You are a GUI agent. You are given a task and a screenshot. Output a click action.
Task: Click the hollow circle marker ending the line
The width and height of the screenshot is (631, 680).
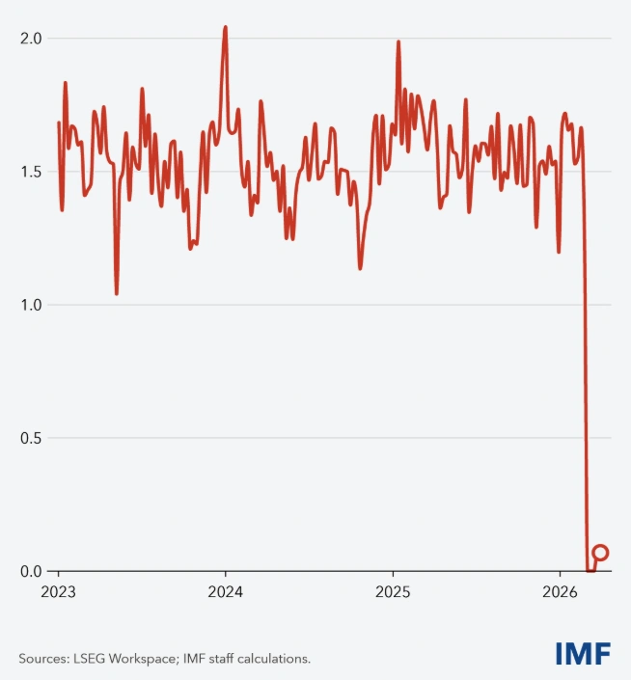(x=600, y=553)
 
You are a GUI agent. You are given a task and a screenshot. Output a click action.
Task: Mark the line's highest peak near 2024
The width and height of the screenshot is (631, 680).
(x=225, y=27)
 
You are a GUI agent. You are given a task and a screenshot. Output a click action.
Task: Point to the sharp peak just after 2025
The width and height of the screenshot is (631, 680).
(x=398, y=41)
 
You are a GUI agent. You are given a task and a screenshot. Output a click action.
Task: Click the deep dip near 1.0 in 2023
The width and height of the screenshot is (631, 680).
(x=117, y=293)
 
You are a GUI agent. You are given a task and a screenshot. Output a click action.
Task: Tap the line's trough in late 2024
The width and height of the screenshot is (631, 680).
(x=360, y=267)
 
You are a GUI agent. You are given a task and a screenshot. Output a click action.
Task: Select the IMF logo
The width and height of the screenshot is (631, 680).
(x=583, y=653)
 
